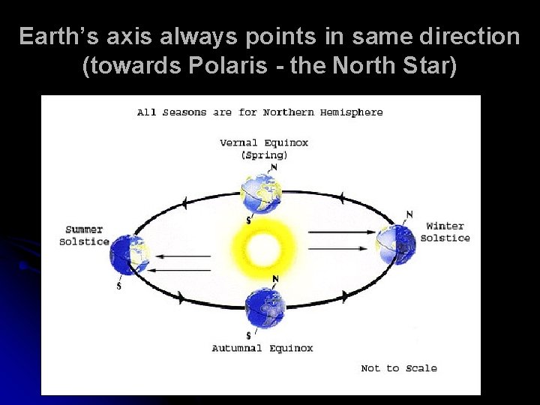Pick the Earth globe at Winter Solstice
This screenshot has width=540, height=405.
(x=395, y=241)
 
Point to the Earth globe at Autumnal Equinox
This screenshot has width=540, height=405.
(x=265, y=307)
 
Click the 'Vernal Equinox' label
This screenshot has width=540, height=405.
(x=263, y=142)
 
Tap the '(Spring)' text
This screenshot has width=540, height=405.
(x=263, y=155)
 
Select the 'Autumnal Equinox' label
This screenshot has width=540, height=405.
(x=262, y=348)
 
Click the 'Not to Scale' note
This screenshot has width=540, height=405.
(x=398, y=368)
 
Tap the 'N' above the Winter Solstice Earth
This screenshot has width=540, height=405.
(x=409, y=214)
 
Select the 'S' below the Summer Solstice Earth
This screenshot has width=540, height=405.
(x=118, y=286)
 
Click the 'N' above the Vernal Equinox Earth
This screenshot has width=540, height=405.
(x=274, y=167)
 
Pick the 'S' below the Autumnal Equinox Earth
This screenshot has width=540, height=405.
(x=248, y=335)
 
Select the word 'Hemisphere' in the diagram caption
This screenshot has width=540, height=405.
(x=352, y=112)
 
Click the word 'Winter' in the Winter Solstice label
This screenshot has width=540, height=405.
(x=445, y=226)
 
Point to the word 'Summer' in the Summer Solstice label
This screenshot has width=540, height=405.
(x=84, y=229)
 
